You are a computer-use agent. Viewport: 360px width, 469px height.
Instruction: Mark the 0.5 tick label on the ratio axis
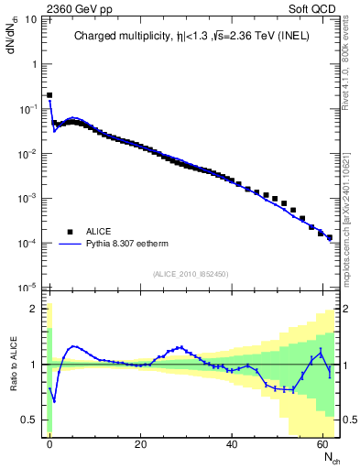30,420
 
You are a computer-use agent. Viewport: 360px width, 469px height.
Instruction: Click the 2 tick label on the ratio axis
35,309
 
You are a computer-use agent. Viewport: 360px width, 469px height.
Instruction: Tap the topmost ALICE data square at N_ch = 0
49,94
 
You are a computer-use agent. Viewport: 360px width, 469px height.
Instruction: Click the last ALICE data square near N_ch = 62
330,237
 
